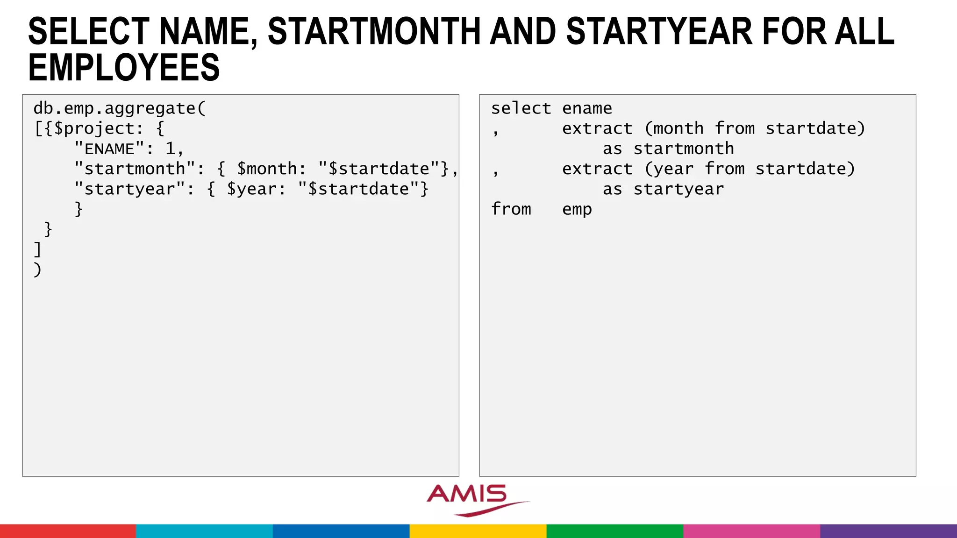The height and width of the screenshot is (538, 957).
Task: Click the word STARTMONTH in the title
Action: tap(374, 32)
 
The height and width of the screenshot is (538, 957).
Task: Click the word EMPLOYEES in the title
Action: tap(124, 68)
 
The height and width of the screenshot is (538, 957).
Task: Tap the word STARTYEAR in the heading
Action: tap(659, 32)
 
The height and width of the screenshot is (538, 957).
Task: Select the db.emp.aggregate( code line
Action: tap(120, 108)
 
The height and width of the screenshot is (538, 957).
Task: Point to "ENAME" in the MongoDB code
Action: tap(109, 149)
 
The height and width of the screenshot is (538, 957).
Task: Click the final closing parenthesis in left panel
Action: tap(37, 269)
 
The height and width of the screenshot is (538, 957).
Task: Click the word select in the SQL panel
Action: tap(521, 108)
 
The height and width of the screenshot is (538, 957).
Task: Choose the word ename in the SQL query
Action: tap(587, 108)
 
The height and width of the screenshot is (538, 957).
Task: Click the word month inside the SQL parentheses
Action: tap(678, 128)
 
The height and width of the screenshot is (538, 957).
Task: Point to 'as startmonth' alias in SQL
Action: tap(668, 149)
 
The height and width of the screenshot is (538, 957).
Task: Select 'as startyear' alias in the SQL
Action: tap(663, 189)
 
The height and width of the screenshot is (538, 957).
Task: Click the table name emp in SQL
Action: tap(577, 209)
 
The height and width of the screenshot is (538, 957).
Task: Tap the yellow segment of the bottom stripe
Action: tap(478, 531)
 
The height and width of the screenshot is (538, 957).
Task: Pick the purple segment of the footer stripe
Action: tap(888, 531)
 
